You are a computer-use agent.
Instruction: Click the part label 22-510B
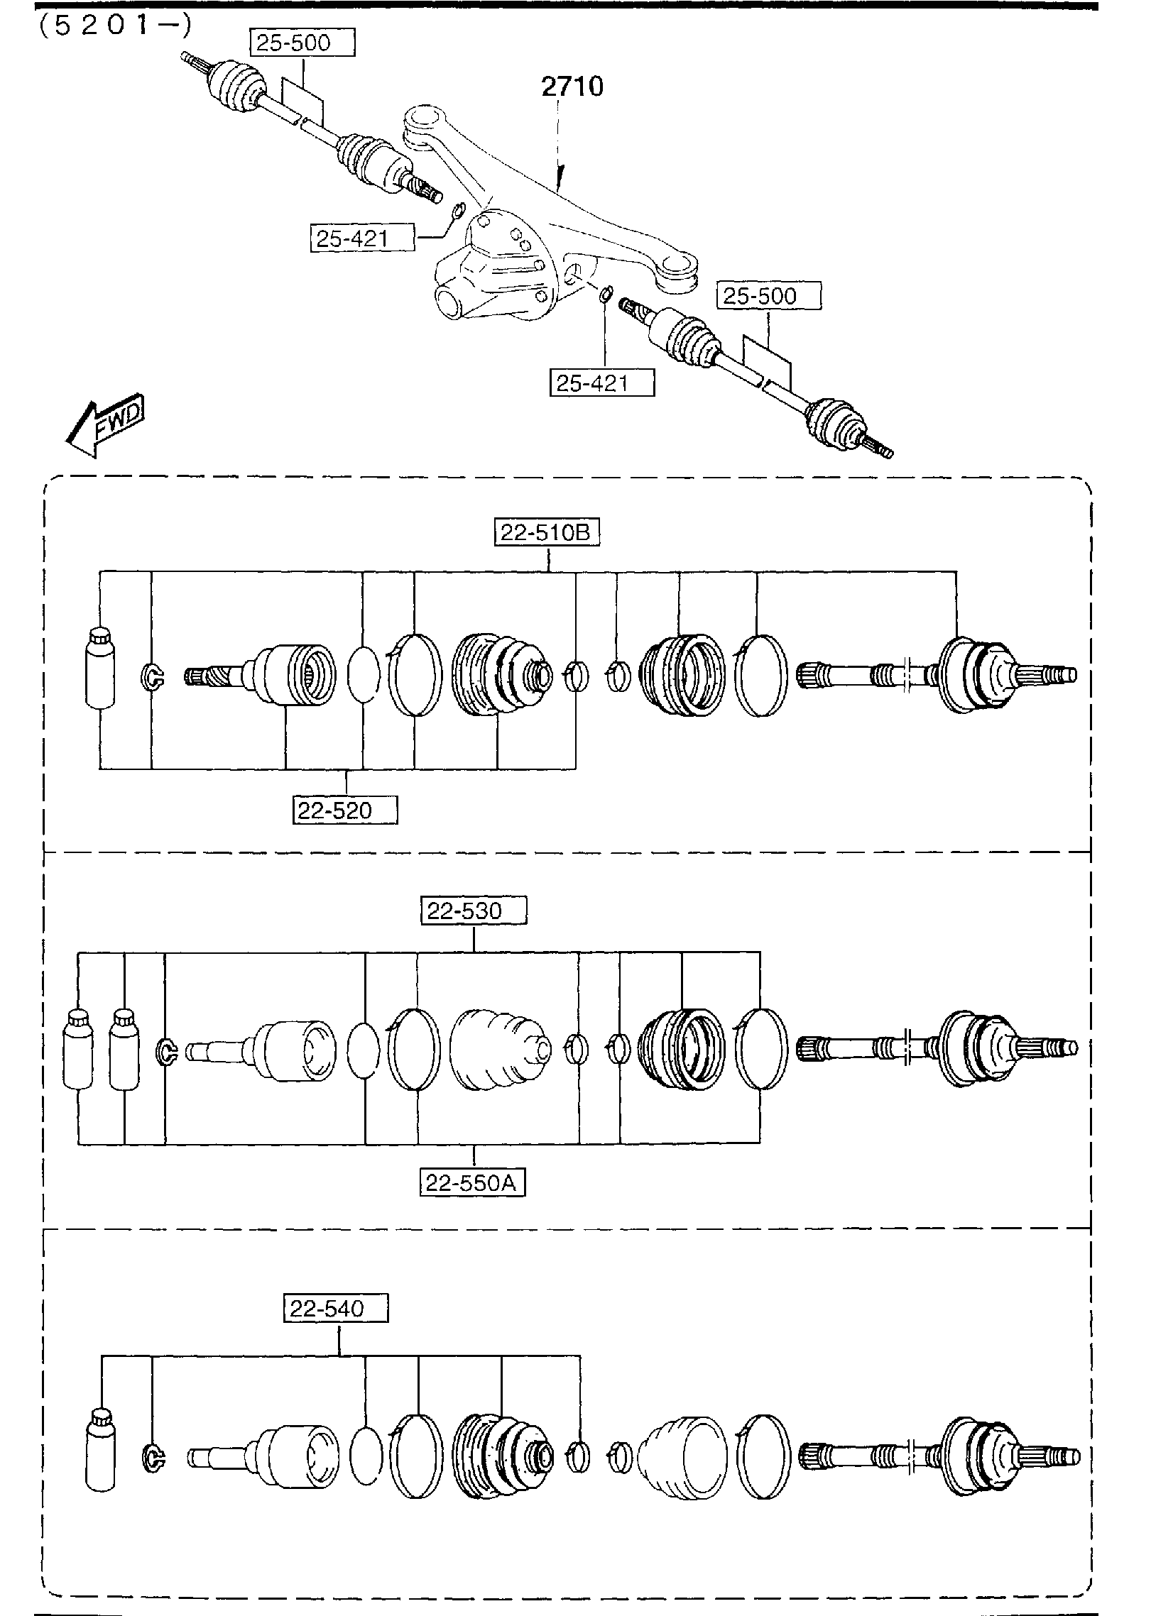click(547, 532)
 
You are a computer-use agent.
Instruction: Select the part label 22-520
click(345, 810)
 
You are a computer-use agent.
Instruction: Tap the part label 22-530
click(474, 911)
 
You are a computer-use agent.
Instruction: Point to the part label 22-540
click(337, 1308)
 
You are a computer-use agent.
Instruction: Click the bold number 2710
click(572, 87)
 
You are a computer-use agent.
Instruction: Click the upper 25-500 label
click(302, 43)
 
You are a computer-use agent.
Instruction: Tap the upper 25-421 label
click(361, 238)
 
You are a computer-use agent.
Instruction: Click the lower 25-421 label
click(601, 383)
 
